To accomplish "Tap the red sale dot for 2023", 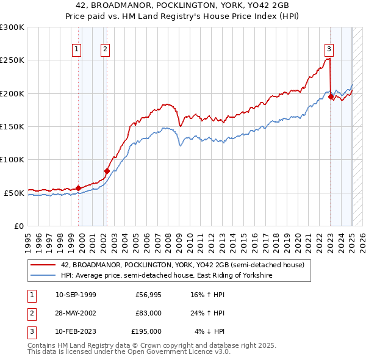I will click(331, 96).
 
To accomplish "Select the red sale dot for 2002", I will click(107, 171).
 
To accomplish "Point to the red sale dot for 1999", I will click(78, 188).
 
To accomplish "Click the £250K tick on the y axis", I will click(12, 60).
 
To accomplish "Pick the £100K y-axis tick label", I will click(12, 159).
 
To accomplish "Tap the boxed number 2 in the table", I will click(30, 313).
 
